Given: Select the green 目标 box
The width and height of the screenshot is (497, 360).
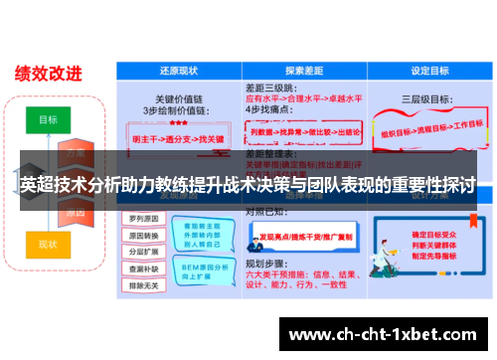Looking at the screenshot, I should coord(48,119).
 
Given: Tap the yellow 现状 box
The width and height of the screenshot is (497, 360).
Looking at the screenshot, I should coord(48,243).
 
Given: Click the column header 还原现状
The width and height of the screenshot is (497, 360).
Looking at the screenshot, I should coord(179,72).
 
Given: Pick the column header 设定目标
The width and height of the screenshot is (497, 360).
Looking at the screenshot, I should coord(426,72).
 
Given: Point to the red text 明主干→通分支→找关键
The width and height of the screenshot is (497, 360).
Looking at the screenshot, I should coord(178,140).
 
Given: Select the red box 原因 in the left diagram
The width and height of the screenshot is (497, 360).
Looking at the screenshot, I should coord(75,212).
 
